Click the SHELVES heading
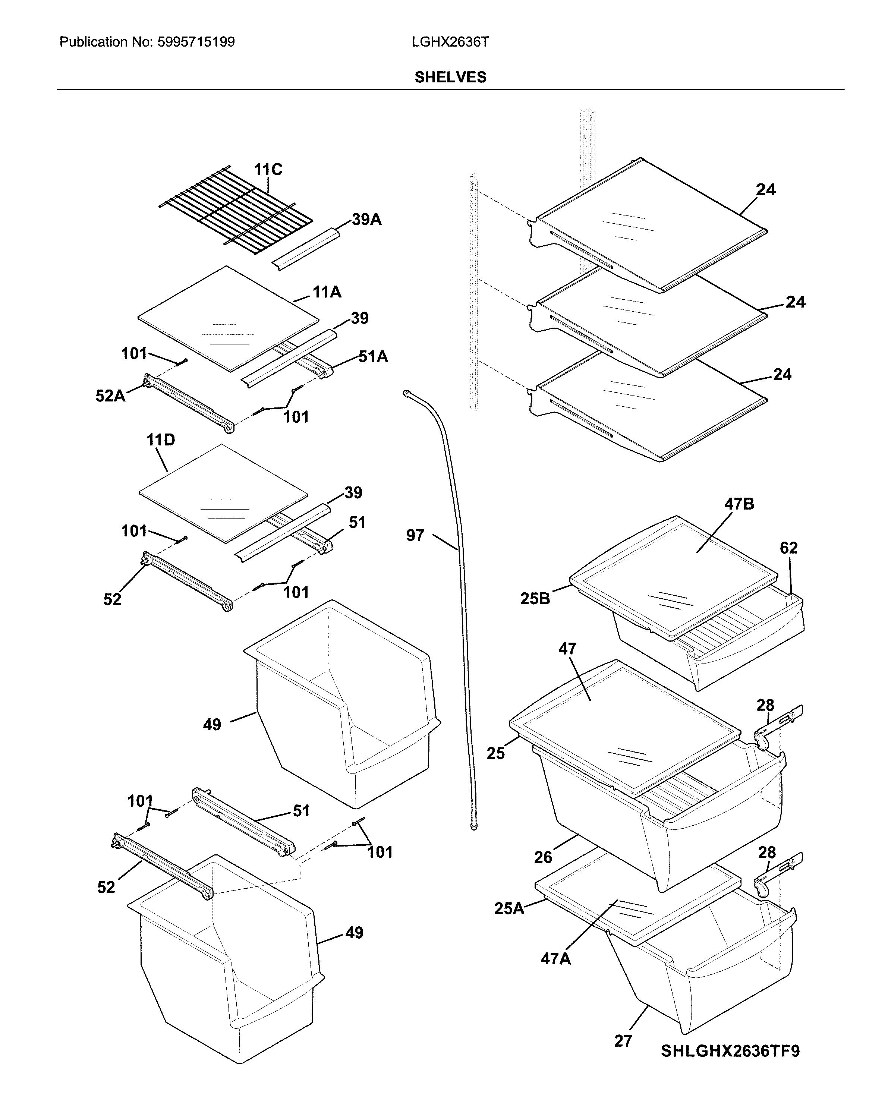pos(450,77)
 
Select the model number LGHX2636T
pos(450,42)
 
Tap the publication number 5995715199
pos(196,42)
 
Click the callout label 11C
pos(268,169)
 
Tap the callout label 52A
pos(110,395)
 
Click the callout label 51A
pos(373,357)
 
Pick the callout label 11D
pos(161,439)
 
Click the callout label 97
pos(415,536)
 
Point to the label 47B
pos(739,504)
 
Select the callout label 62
pos(788,548)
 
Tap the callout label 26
pos(543,857)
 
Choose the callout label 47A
pos(555,959)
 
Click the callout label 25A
pos(509,908)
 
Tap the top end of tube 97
pos(407,393)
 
